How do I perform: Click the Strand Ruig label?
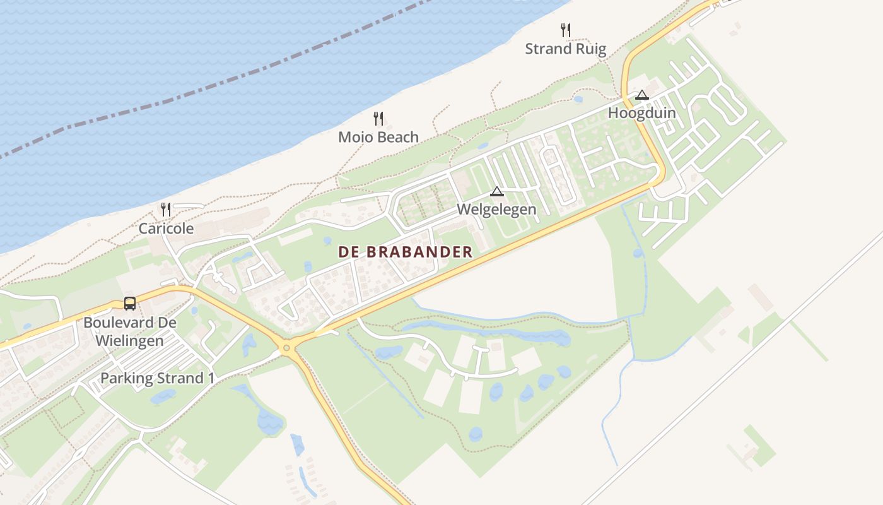tap(565, 49)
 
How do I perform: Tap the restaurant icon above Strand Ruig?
tap(566, 30)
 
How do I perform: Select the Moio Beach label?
tap(378, 137)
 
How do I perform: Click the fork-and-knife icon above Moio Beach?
tap(378, 118)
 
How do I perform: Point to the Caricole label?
tap(166, 229)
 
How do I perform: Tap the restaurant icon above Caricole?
tap(166, 209)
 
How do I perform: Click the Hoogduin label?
tap(641, 113)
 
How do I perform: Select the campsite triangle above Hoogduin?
tap(642, 95)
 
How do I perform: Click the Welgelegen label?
tap(496, 209)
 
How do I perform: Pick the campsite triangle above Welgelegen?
tap(497, 191)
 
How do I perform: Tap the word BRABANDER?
tap(419, 252)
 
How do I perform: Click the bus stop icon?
tap(130, 304)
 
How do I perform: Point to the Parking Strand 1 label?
tap(158, 378)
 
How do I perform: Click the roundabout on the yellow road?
tap(287, 347)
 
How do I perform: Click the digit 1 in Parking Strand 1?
tap(211, 378)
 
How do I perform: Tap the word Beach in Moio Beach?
tap(399, 137)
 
